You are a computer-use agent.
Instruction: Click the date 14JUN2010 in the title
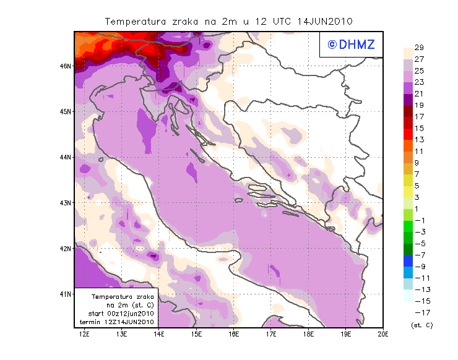tap(325, 21)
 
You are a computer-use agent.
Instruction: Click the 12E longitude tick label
tap(85, 334)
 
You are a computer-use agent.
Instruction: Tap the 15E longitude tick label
tap(197, 334)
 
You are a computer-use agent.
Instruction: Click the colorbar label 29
tap(419, 48)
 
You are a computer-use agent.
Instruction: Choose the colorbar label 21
tap(419, 94)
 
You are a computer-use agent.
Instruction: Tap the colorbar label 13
tap(419, 140)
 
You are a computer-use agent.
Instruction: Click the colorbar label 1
tap(419, 209)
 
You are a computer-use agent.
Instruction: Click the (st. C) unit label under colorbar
tap(421, 325)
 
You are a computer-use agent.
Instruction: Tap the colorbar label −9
tap(419, 267)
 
